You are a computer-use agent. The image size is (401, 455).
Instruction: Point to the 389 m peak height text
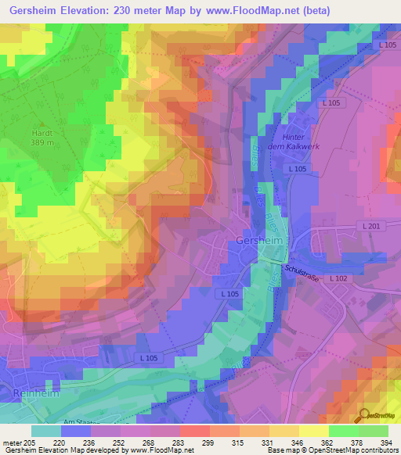(x=42, y=143)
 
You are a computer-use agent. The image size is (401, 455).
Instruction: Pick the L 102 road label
(x=338, y=278)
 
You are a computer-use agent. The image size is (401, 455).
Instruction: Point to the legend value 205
(x=31, y=442)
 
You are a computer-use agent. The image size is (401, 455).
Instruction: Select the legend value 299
(x=209, y=442)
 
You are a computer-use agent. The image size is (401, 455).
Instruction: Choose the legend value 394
(x=388, y=442)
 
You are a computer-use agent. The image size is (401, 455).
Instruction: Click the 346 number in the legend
(x=299, y=442)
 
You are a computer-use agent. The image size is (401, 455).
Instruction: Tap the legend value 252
(x=120, y=442)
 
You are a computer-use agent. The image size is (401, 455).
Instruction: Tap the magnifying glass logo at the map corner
(x=363, y=415)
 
